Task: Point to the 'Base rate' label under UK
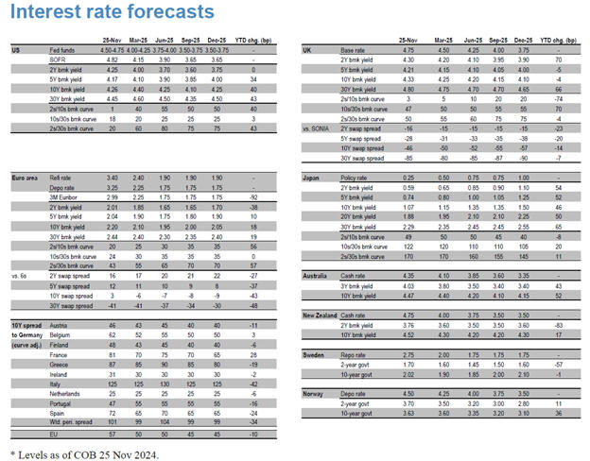356,49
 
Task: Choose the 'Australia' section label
317,273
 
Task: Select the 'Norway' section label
314,391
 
